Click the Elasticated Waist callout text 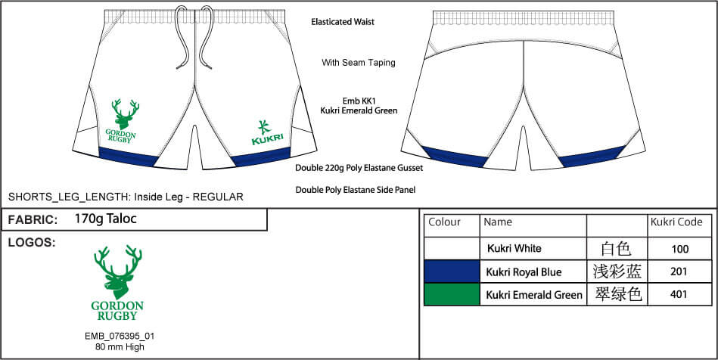[x=342, y=23]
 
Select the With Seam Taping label [x=358, y=63]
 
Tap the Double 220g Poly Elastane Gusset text [x=359, y=167]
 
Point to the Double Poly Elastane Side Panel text [x=355, y=190]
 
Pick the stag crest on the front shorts [x=125, y=122]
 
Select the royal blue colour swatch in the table [x=452, y=272]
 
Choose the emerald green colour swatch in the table [x=452, y=294]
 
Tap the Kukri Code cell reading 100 [x=679, y=249]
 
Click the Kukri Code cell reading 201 [x=679, y=272]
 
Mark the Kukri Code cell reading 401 [x=679, y=295]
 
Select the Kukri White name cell [x=514, y=249]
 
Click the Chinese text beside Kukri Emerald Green [x=617, y=294]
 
